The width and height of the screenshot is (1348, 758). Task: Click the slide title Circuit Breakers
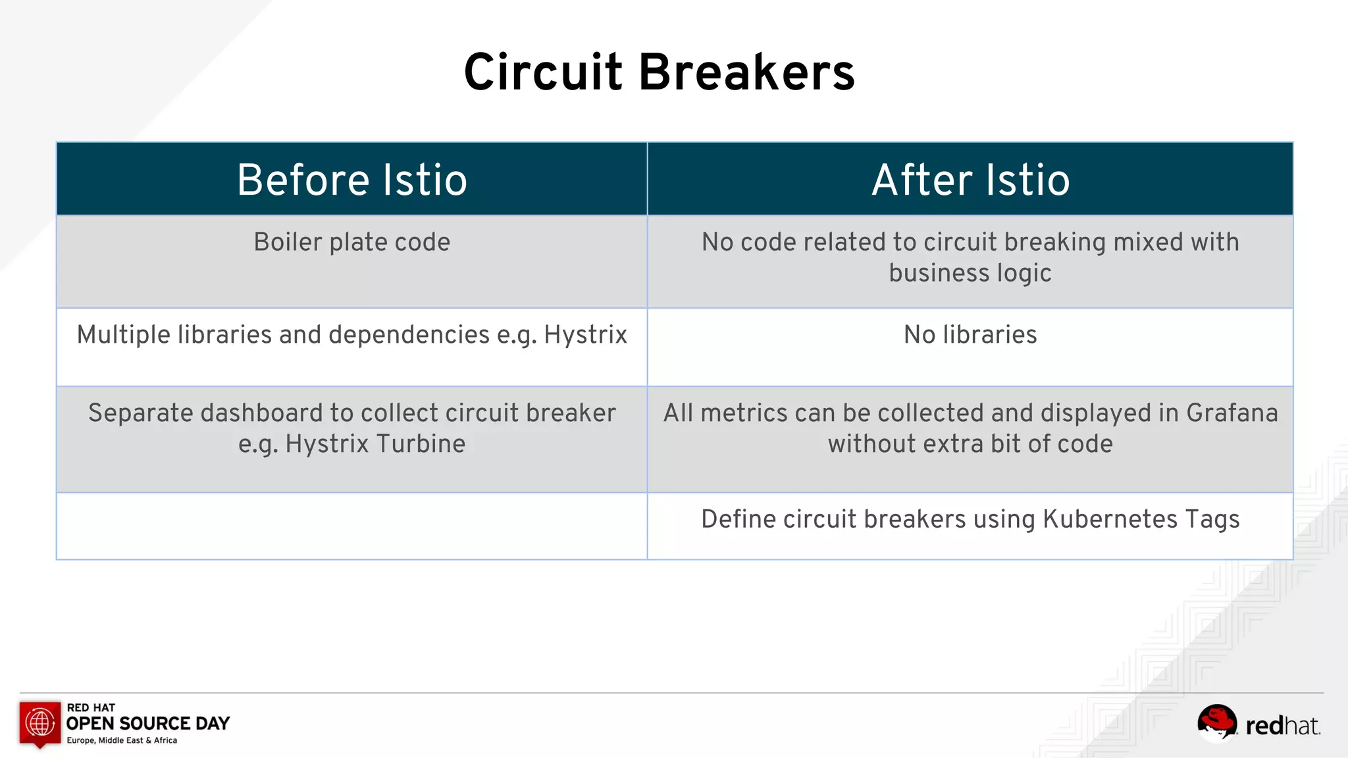click(659, 72)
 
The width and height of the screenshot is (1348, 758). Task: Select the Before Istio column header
click(352, 180)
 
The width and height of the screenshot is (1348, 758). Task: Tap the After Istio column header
click(971, 180)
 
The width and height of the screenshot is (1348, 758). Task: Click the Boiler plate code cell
click(352, 242)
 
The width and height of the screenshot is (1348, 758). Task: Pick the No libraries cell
click(970, 335)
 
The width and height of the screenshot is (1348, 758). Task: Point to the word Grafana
click(1231, 413)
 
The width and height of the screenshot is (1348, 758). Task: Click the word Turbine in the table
click(421, 444)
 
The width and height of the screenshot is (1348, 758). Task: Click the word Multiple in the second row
click(124, 335)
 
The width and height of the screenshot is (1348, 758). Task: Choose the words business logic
click(970, 273)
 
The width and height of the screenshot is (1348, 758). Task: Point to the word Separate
click(140, 413)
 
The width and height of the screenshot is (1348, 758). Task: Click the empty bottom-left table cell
click(352, 526)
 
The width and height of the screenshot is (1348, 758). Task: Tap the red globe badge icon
click(40, 723)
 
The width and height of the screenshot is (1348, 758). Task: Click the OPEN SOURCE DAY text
click(148, 724)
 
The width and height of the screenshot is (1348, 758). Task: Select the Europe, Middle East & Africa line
click(122, 740)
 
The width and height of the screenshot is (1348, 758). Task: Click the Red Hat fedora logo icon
click(1216, 722)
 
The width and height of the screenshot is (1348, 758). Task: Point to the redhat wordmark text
click(1282, 726)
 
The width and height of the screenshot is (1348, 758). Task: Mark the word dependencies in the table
click(409, 335)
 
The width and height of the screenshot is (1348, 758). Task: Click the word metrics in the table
click(744, 413)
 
